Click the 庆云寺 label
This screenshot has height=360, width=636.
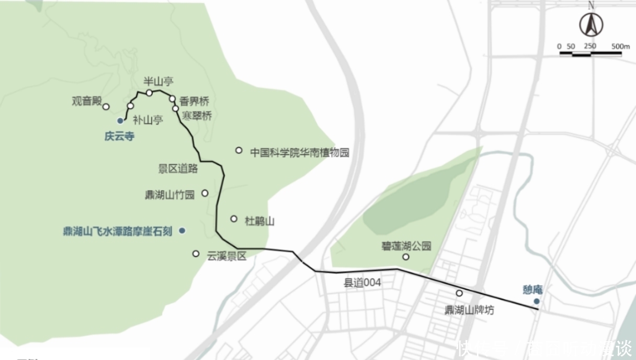coord(119,137)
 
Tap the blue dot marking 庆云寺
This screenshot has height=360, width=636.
coord(120,120)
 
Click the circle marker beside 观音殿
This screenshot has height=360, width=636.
coord(106,107)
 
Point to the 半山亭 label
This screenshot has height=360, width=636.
coord(158,81)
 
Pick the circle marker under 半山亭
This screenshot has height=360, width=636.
coord(149,93)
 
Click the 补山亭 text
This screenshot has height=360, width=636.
coord(147,120)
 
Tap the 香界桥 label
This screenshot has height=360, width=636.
coord(195,101)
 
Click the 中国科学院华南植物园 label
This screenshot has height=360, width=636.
coord(299,153)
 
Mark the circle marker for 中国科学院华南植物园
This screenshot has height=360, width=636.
coord(238,150)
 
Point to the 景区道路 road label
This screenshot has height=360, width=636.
coord(178,168)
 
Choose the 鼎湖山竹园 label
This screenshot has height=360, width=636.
coord(169,195)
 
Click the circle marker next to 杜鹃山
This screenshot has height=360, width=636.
coord(234,219)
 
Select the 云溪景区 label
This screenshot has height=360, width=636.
coord(226,256)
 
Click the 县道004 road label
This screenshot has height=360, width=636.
coord(362,283)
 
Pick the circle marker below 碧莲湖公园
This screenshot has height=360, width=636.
coord(405,257)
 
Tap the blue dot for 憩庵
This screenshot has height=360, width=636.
coord(536,301)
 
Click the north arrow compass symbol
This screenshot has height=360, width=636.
coord(591,24)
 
